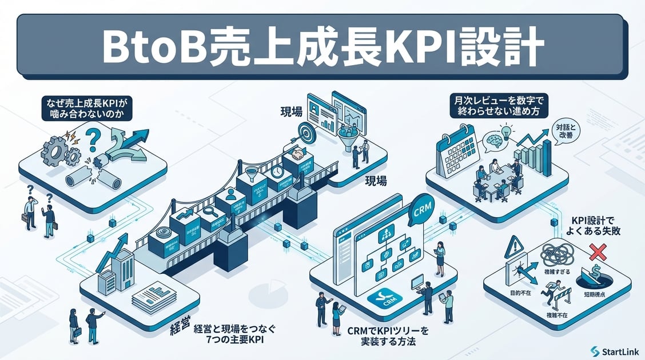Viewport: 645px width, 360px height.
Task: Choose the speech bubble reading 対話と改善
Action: [x=566, y=132]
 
